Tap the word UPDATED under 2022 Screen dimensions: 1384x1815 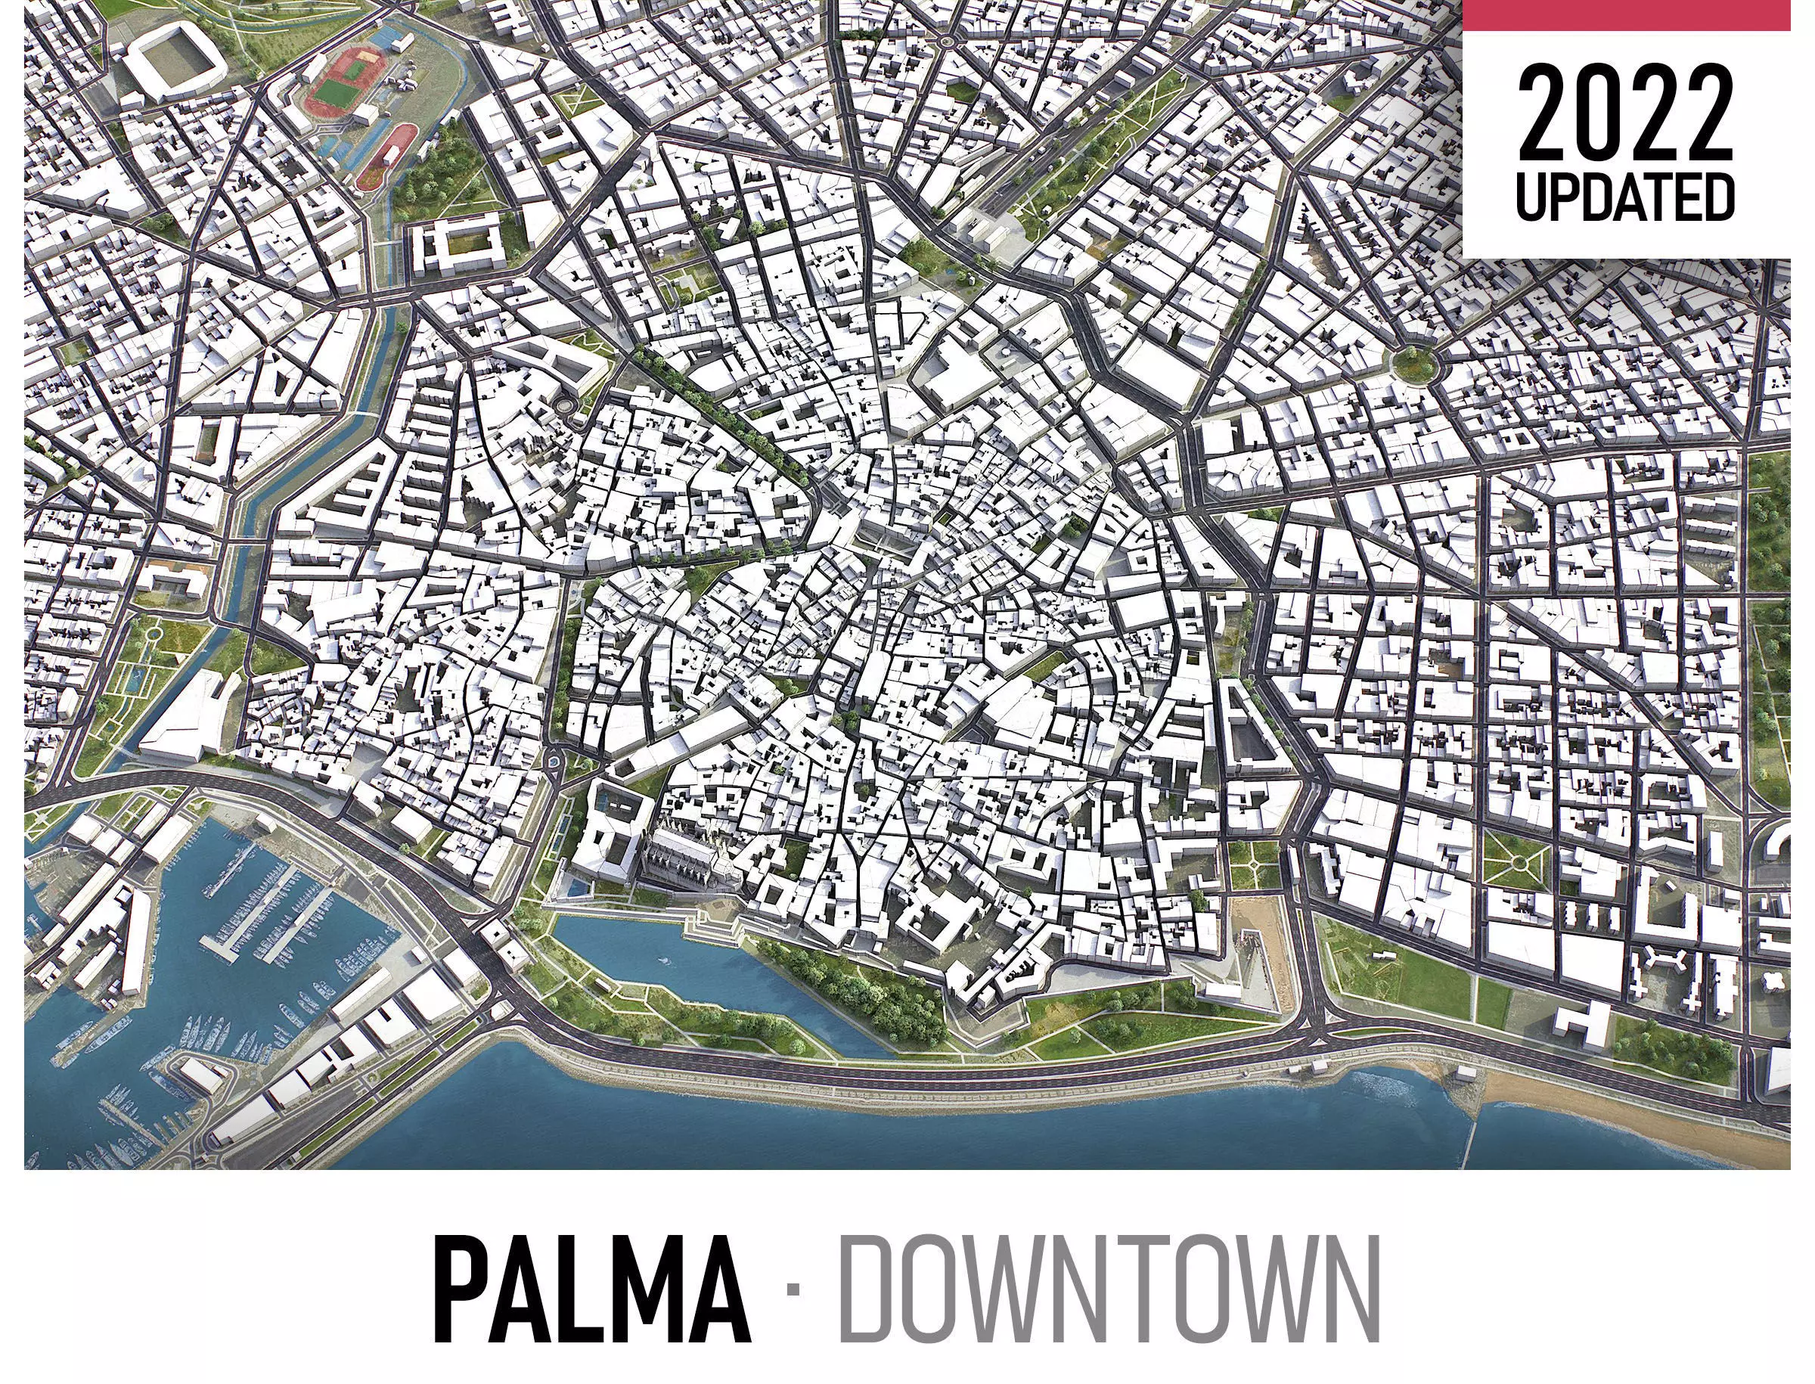1625,197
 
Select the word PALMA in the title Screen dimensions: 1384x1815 591,1290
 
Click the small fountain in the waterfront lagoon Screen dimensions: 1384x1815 662,960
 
